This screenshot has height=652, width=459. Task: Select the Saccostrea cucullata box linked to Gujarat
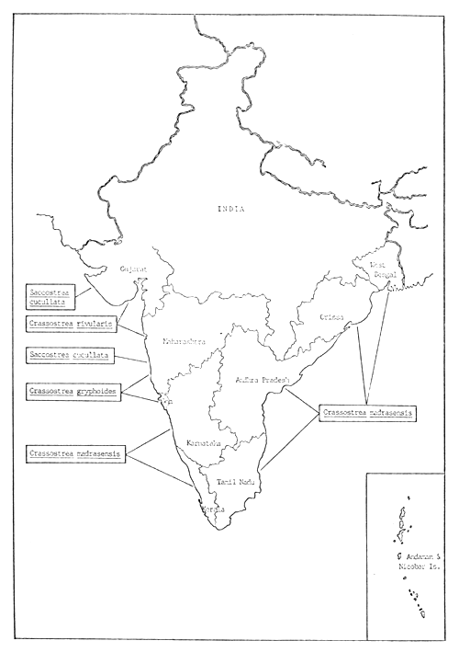(x=50, y=296)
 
